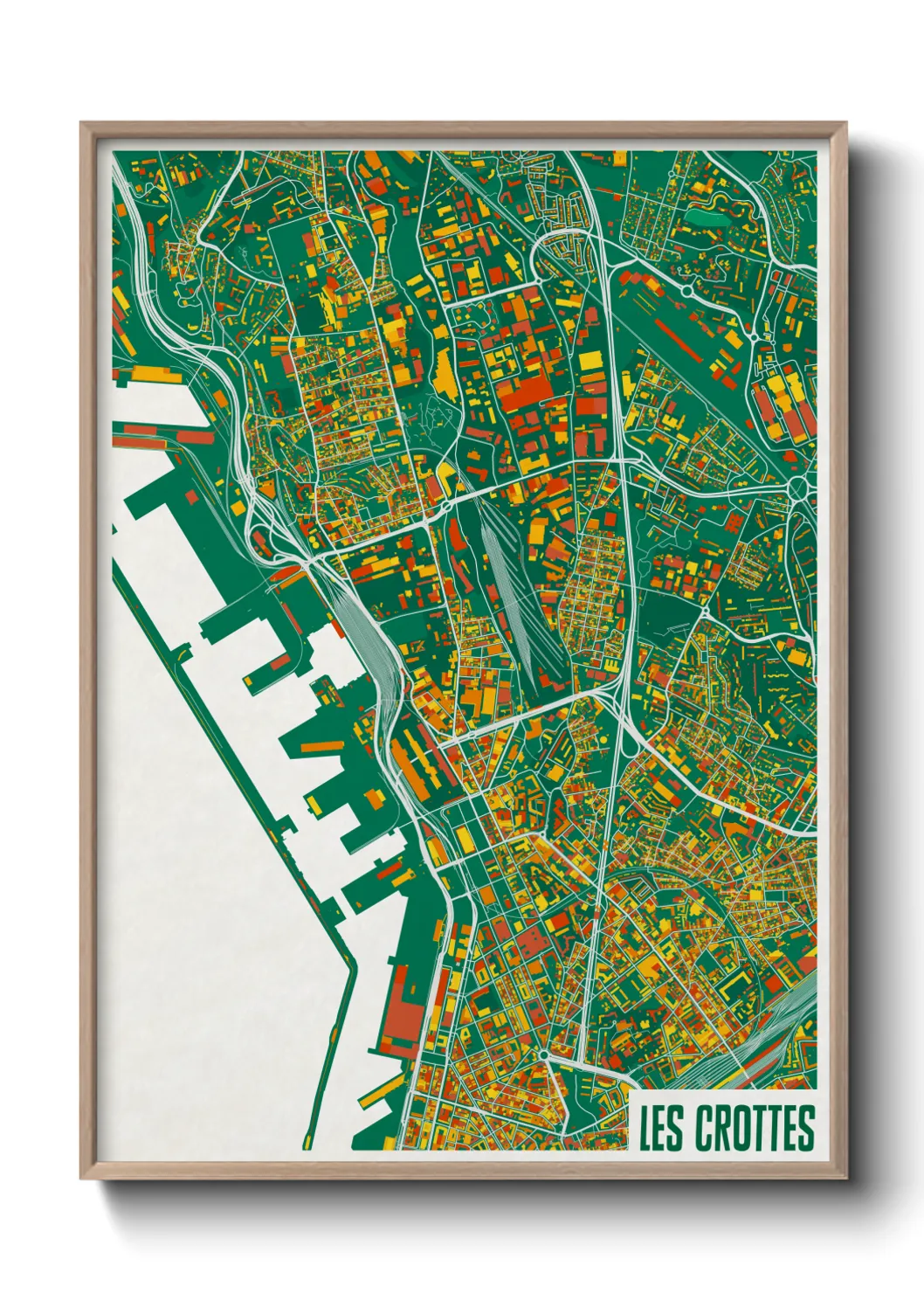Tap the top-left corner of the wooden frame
[81, 123]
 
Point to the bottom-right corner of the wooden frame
[845, 1178]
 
